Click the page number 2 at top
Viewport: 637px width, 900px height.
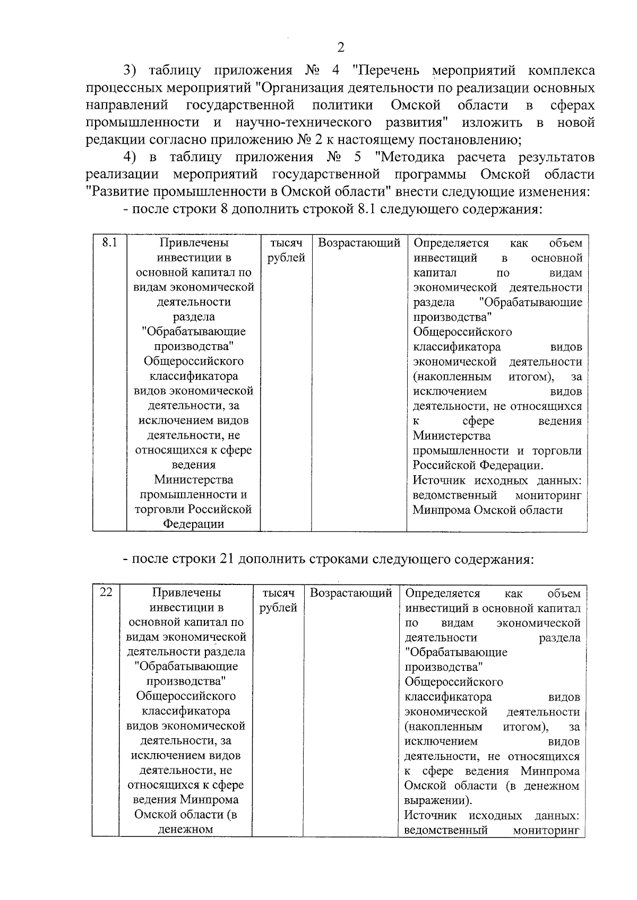point(341,47)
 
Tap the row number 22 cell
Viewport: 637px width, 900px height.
point(106,592)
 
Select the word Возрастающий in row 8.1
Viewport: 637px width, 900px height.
point(359,243)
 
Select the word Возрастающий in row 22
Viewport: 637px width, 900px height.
point(351,593)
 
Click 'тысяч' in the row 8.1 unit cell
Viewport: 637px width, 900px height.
point(286,243)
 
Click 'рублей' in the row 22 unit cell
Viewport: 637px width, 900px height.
point(278,608)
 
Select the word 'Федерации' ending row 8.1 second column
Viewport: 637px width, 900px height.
point(193,524)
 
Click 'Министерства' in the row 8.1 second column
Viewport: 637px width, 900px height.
point(193,479)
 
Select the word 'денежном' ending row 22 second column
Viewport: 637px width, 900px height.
point(185,829)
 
